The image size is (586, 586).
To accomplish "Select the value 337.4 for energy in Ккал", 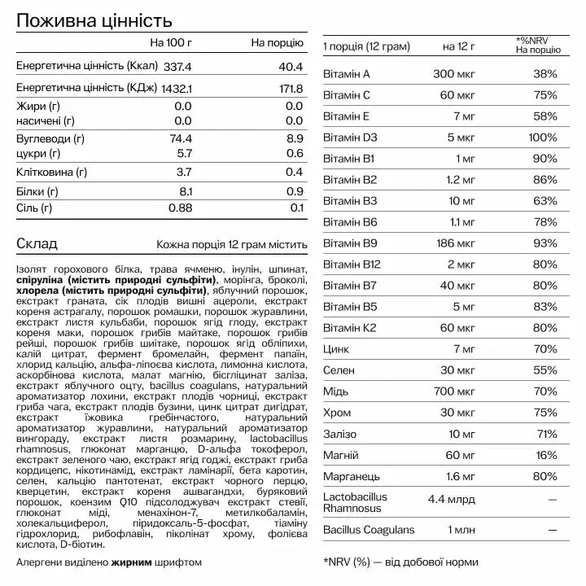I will pos(176,66).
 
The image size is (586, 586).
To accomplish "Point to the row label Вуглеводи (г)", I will pos(50,139).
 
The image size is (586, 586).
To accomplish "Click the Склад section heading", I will pos(35,243).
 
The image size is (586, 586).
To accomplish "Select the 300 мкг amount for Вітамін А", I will pos(453,74).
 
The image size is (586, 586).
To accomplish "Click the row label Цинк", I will pos(336,349).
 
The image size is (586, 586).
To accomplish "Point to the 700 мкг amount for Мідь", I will pos(453,391).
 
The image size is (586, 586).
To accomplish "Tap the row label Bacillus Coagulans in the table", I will pos(369,530).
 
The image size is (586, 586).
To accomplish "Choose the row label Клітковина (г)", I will pos(51,172).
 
